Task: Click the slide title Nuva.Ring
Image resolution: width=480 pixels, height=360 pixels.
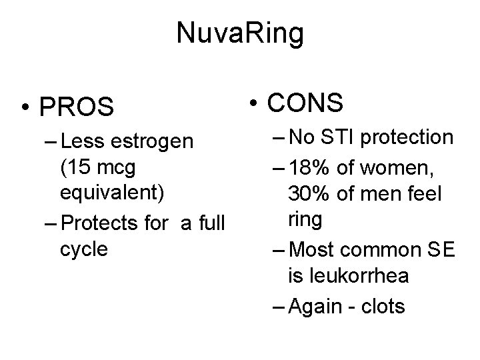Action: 240,33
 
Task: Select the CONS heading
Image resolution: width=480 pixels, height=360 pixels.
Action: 305,103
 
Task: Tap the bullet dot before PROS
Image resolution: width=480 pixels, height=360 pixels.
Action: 24,107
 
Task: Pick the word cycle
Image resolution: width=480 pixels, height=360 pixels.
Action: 83,249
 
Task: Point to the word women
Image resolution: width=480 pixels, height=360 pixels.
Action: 407,166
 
